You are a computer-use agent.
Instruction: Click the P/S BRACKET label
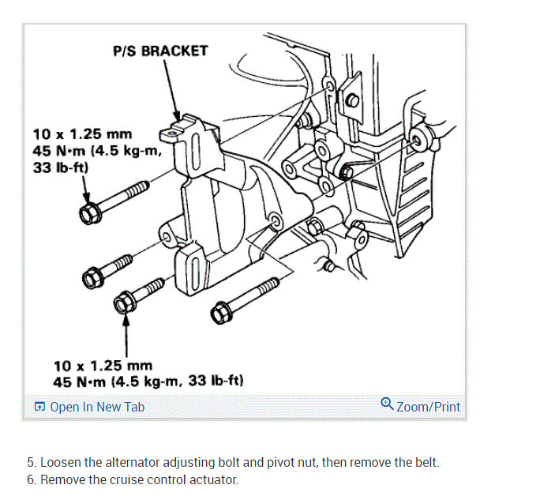click(x=161, y=51)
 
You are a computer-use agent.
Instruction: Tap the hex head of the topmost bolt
click(x=88, y=212)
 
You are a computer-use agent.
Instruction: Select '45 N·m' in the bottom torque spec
click(x=80, y=381)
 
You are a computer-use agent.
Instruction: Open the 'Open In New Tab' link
click(x=96, y=407)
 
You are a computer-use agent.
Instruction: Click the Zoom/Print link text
click(x=428, y=407)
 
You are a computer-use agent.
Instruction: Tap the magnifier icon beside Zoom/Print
click(x=387, y=404)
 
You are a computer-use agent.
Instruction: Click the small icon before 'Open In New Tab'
click(x=39, y=408)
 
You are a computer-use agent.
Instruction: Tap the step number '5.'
click(x=32, y=462)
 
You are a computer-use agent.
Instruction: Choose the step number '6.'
click(x=32, y=479)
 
